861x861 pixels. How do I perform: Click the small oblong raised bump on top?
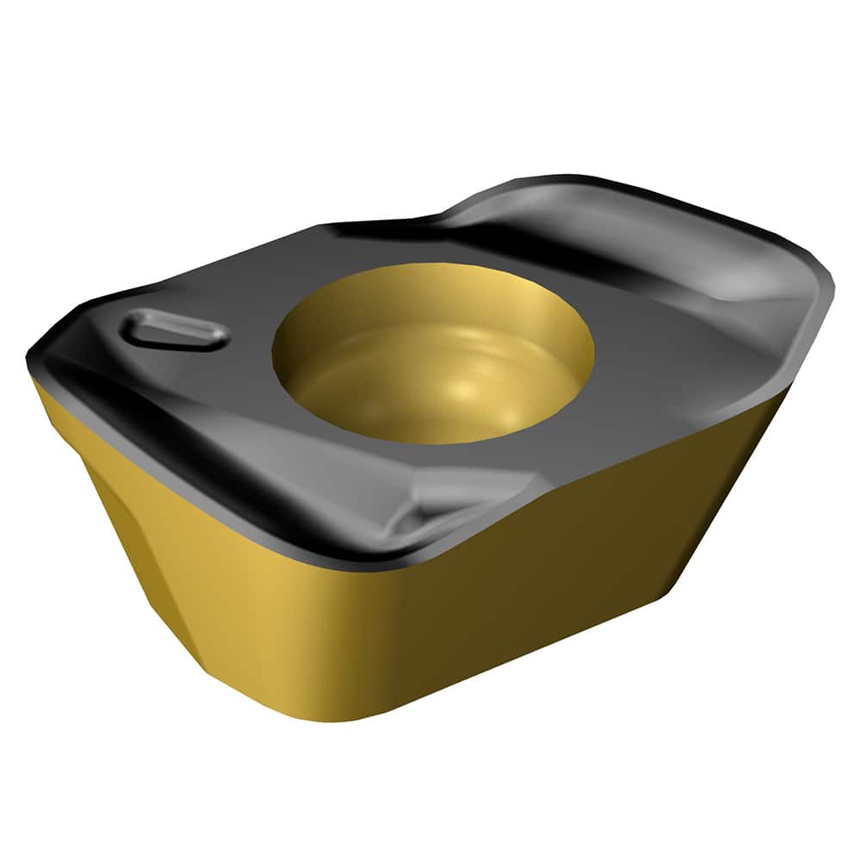coord(176,331)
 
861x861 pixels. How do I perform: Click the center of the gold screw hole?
coord(433,353)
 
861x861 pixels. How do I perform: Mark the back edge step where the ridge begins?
coord(448,215)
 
